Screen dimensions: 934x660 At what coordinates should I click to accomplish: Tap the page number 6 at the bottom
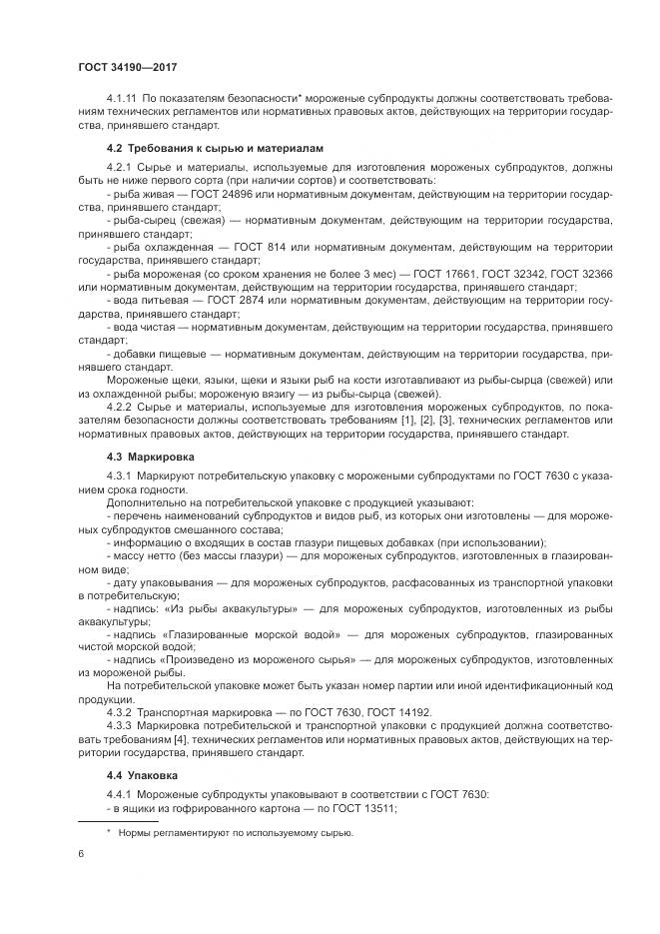click(x=81, y=853)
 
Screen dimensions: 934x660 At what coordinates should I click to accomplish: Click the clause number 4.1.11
click(x=122, y=101)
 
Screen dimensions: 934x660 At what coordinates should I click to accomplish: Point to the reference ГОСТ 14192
click(x=406, y=711)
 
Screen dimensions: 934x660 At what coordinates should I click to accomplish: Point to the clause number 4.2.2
click(x=119, y=406)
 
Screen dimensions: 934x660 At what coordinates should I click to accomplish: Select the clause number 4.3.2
click(x=119, y=711)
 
